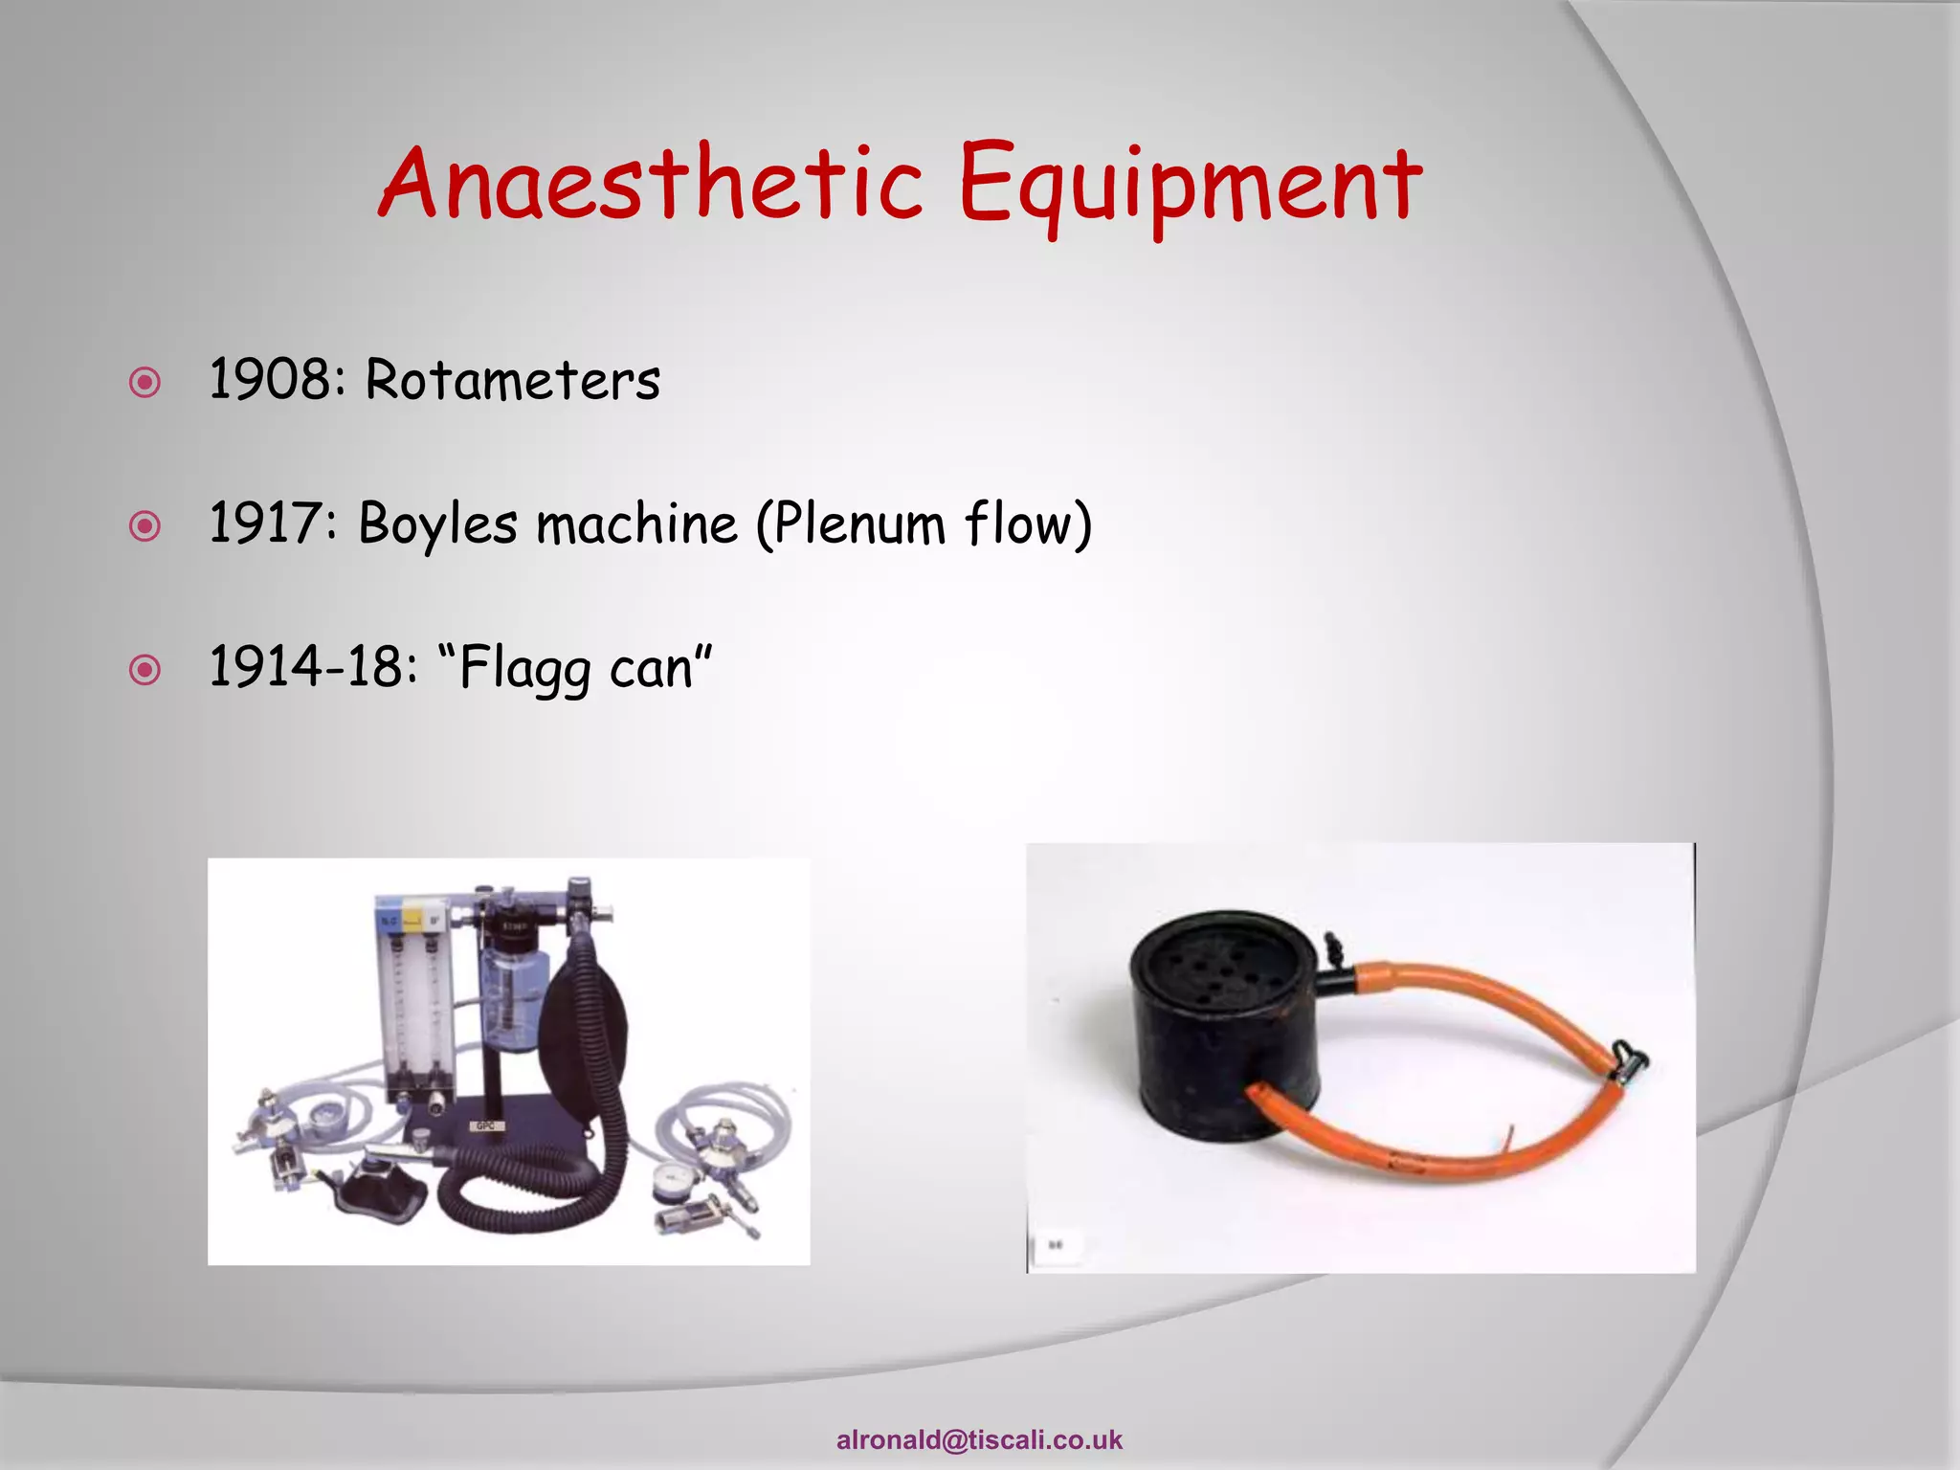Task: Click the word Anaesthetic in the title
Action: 651,182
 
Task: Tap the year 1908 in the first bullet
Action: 269,379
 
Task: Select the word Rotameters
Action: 512,380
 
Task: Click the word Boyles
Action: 438,524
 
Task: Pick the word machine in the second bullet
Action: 636,523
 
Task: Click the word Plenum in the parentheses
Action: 857,523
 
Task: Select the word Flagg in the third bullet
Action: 524,669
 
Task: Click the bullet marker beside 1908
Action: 145,384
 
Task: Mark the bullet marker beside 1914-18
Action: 145,670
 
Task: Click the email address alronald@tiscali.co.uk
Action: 979,1439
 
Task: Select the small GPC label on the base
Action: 485,1126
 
